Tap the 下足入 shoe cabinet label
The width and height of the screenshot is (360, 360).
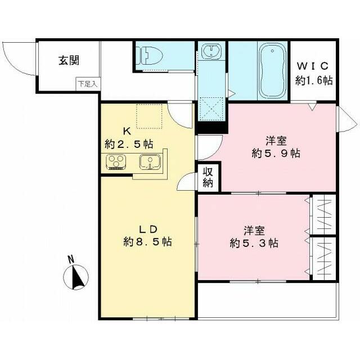tap(87, 84)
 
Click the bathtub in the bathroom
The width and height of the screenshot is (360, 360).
tap(272, 71)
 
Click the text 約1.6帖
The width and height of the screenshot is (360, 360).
tap(314, 80)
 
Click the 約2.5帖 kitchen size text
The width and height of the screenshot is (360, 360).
tap(129, 144)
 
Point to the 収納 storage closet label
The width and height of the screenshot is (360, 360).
tap(208, 177)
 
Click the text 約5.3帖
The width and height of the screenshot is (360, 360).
tap(254, 244)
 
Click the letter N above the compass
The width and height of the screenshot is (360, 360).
tap(70, 259)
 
